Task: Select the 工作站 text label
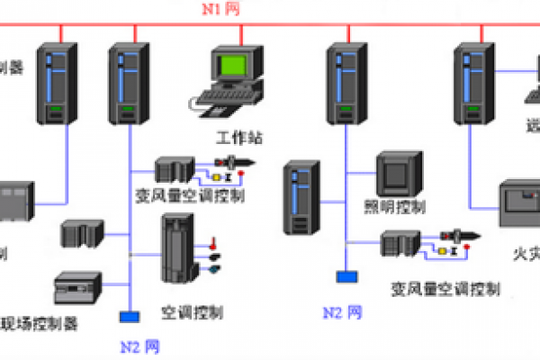(239, 139)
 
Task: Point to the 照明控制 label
(401, 207)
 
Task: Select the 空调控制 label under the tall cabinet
(192, 312)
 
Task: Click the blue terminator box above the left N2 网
(129, 317)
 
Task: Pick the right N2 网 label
(343, 312)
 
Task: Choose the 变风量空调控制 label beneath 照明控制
(445, 289)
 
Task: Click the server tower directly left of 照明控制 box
(301, 198)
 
